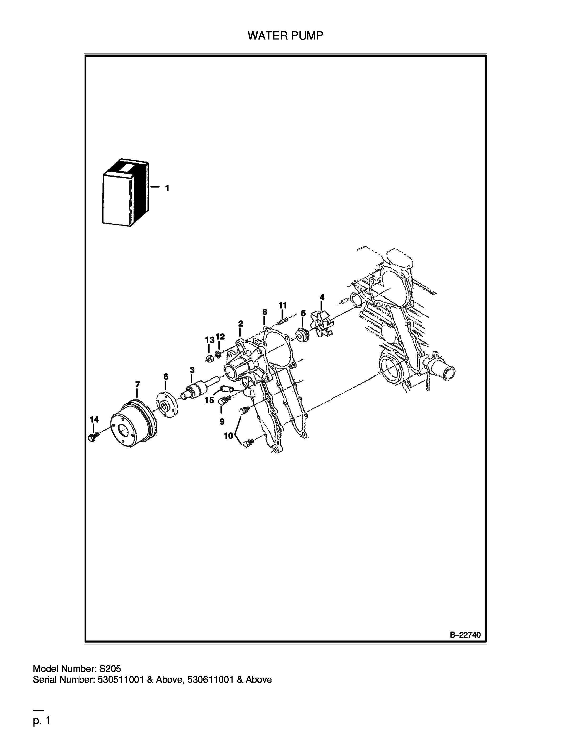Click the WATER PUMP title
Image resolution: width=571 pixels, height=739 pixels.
tap(285, 36)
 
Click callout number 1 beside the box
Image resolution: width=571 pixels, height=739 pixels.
tap(167, 188)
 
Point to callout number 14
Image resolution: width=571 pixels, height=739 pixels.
tap(94, 420)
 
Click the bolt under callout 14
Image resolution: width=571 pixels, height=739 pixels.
tap(93, 437)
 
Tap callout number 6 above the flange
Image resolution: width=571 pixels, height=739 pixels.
tap(166, 376)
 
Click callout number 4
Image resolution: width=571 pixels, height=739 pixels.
tap(322, 297)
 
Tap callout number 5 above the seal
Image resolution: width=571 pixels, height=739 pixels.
tap(303, 313)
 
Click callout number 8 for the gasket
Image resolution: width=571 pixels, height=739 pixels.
tap(265, 312)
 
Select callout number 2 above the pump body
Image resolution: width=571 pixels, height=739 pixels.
tap(240, 324)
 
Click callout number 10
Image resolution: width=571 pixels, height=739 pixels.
tap(229, 436)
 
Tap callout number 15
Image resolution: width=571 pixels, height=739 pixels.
tap(209, 400)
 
